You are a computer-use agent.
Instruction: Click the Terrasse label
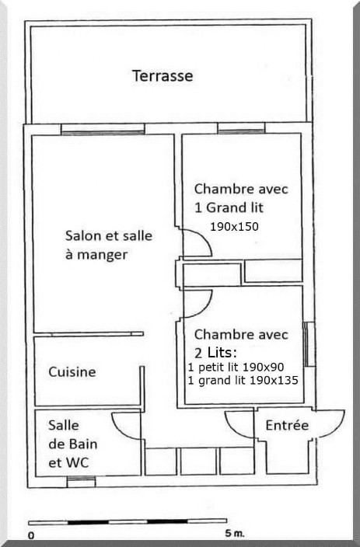[x=163, y=76]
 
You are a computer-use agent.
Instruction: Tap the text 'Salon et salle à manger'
[x=109, y=244]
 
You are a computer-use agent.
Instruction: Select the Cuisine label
[x=72, y=372]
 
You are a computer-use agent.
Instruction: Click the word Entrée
[x=287, y=426]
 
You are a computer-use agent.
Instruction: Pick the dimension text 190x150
[x=234, y=227]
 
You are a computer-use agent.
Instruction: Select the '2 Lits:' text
[x=218, y=351]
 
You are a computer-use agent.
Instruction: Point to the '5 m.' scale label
[x=233, y=535]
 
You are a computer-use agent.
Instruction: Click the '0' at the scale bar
[x=32, y=535]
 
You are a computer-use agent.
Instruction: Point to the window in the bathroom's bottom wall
[x=81, y=482]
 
